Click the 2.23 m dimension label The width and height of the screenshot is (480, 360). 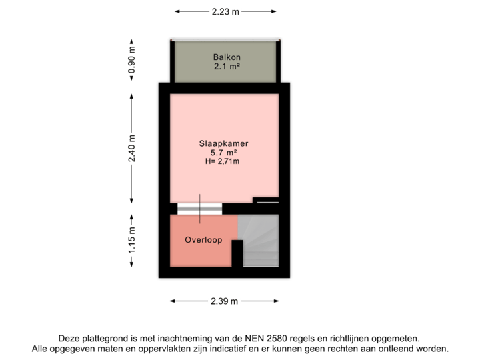(x=225, y=11)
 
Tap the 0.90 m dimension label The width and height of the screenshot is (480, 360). (x=132, y=60)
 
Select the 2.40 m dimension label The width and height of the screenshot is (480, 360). (x=132, y=148)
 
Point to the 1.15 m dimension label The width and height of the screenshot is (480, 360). (x=132, y=240)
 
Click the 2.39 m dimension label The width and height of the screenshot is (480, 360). (x=224, y=301)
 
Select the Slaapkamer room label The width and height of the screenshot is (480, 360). (x=224, y=143)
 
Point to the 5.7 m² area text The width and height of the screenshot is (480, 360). (x=224, y=153)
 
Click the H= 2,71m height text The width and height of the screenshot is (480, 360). (x=224, y=161)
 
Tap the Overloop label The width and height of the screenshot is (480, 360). (x=203, y=241)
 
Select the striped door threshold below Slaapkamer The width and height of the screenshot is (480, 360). (x=200, y=208)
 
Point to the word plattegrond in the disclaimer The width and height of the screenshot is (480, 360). (x=101, y=339)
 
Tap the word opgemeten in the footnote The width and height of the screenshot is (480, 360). (x=399, y=339)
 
